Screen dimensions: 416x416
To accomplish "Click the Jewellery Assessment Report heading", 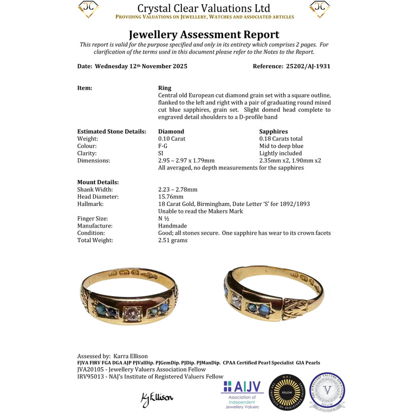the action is pyautogui.click(x=204, y=34).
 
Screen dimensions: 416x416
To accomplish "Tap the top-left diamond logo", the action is pyautogui.click(x=88, y=9).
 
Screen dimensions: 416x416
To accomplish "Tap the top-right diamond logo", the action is pyautogui.click(x=320, y=9).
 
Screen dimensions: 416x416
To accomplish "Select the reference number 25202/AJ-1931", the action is pyautogui.click(x=308, y=66).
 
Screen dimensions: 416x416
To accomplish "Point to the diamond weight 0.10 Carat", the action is pyautogui.click(x=171, y=139).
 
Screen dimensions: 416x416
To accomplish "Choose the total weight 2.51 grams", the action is pyautogui.click(x=173, y=240).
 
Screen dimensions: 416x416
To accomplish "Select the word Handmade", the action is pyautogui.click(x=172, y=226).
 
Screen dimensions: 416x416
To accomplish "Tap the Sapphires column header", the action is pyautogui.click(x=274, y=131).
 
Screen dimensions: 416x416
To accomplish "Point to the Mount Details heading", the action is pyautogui.click(x=98, y=182).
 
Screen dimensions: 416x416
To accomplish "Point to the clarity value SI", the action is pyautogui.click(x=161, y=153).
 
